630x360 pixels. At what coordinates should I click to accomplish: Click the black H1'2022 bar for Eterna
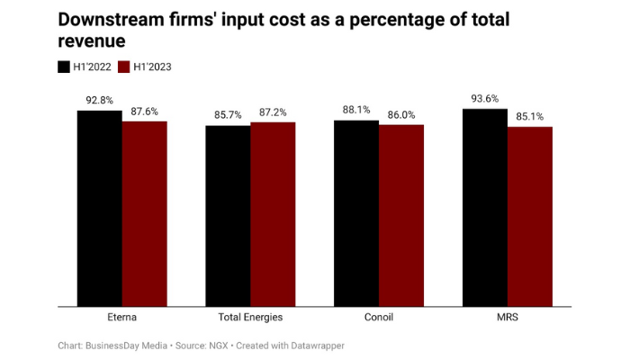99,208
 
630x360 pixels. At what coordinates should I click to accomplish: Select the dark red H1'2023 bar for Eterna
145,213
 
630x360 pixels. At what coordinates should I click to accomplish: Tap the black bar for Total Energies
228,215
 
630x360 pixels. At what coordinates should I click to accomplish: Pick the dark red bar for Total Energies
273,213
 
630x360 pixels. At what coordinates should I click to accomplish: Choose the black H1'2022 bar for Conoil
356,212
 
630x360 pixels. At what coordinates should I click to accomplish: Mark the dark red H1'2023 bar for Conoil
401,215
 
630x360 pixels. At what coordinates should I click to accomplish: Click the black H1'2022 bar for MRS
485,207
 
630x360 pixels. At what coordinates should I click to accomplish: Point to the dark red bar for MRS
530,216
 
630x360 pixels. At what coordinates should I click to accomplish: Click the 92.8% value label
99,101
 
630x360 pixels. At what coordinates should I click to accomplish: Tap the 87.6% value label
145,112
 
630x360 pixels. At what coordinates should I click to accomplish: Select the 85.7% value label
228,116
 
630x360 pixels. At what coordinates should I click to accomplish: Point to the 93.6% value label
485,99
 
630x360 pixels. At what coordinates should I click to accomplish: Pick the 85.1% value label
530,117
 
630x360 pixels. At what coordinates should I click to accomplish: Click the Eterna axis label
121,318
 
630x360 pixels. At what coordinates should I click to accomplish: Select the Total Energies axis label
250,318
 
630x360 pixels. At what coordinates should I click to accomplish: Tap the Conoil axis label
379,318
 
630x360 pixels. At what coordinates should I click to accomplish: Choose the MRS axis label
508,318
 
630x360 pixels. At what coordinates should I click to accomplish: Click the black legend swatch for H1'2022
64,67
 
